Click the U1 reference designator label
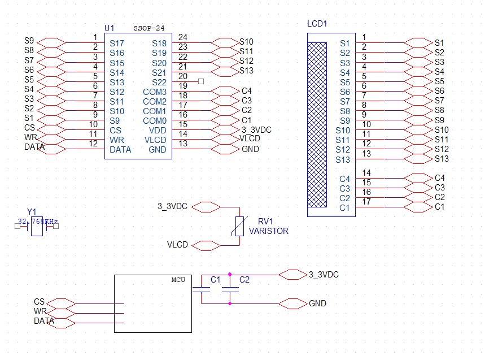[110, 28]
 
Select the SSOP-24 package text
[149, 28]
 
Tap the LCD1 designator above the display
[317, 24]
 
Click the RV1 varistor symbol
[239, 226]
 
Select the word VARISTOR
[268, 231]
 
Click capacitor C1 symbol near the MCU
[202, 290]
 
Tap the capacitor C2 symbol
[230, 290]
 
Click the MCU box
[153, 303]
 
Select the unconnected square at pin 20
[201, 81]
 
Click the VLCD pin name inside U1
[155, 140]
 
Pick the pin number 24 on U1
[182, 37]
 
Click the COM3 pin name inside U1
[155, 92]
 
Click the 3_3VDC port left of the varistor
[206, 207]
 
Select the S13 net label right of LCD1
[442, 159]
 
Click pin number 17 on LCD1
[366, 202]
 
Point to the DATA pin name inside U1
[120, 150]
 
